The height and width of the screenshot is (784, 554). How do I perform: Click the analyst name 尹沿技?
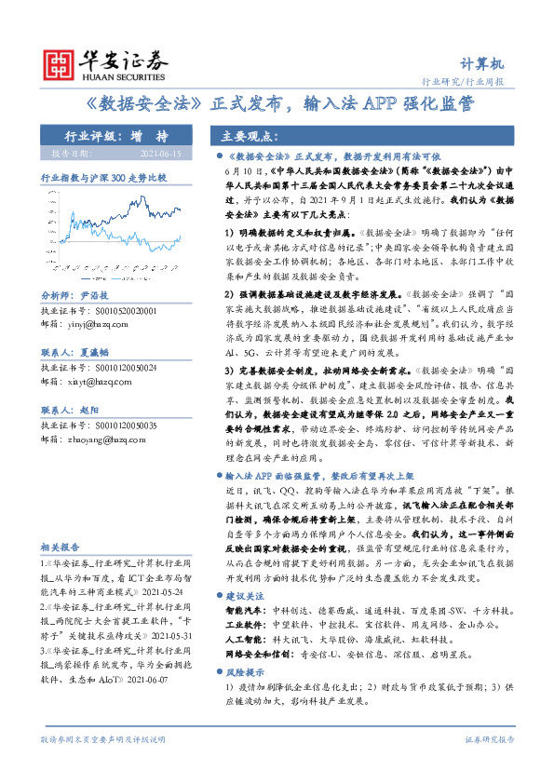(96, 292)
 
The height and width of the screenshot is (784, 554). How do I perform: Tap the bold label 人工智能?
(247, 642)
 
